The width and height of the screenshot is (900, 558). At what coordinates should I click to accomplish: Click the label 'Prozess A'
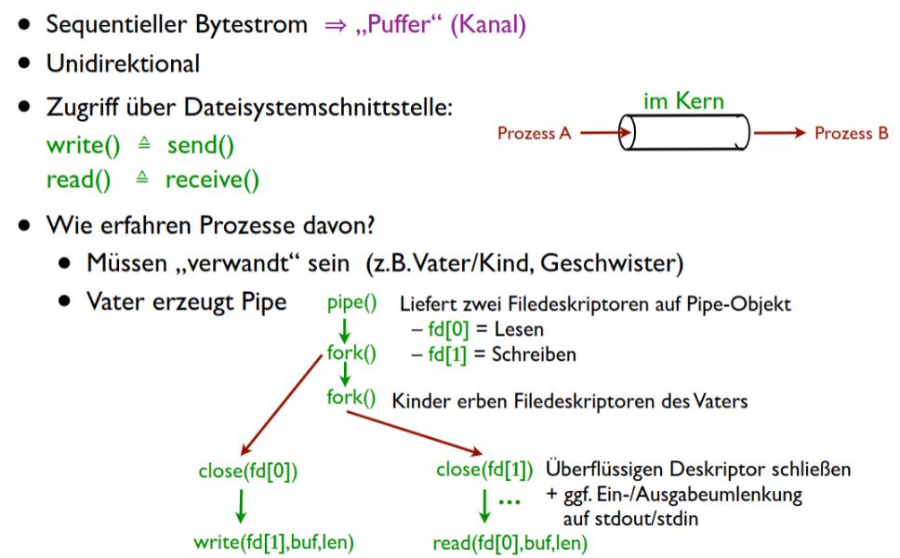click(535, 134)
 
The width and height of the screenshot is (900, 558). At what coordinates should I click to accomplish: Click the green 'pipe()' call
click(351, 304)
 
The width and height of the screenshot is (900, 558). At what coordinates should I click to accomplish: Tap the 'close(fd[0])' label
click(247, 471)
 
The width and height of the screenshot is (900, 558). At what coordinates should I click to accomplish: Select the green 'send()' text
click(201, 146)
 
